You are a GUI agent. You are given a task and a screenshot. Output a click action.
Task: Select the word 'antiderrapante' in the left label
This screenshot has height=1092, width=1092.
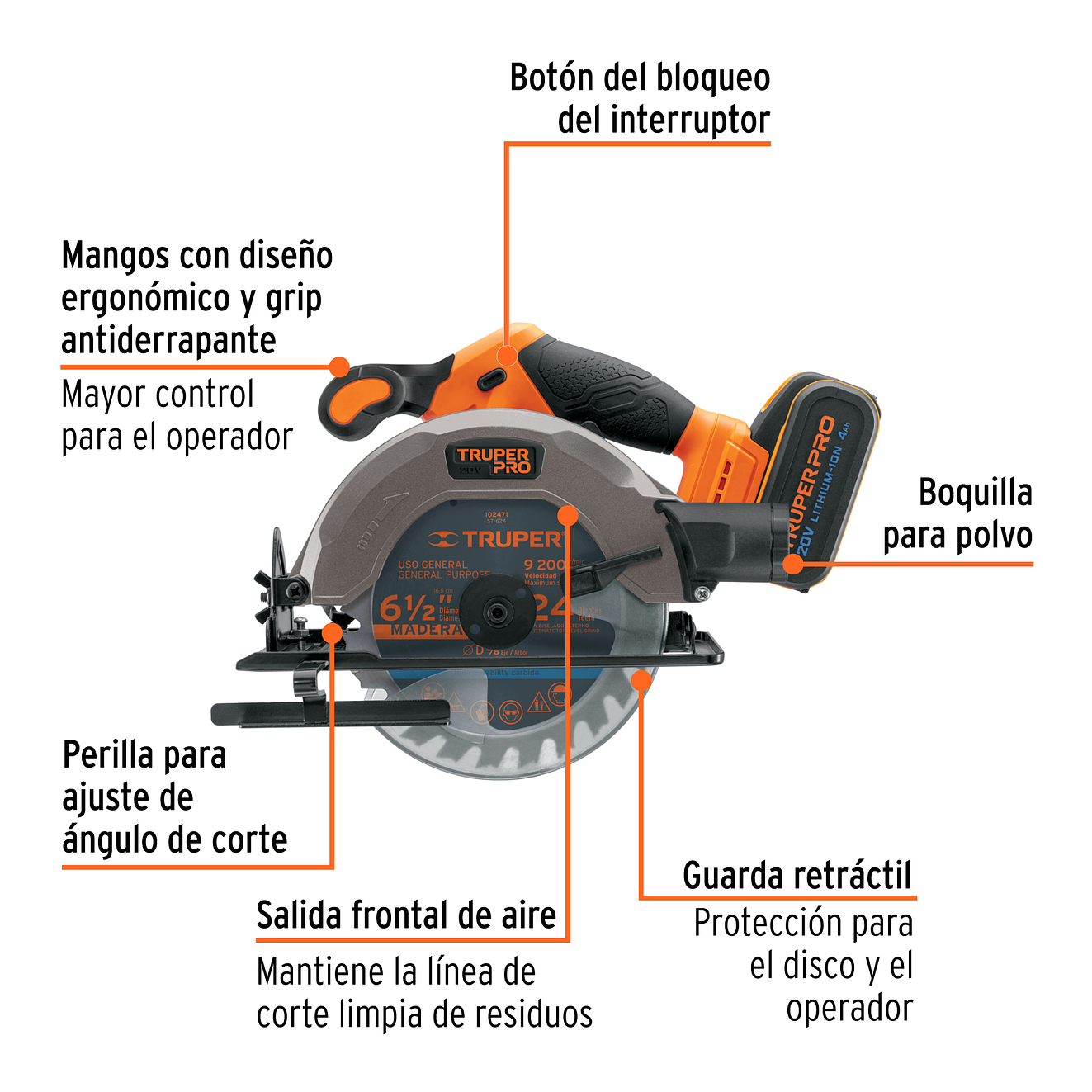click(168, 340)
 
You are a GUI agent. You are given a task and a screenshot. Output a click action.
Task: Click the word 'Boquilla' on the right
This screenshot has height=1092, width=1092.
click(975, 493)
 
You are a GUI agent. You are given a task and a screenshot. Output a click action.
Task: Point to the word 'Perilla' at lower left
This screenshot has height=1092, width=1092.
click(108, 755)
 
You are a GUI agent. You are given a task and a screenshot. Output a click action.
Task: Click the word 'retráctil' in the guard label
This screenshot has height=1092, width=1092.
click(853, 876)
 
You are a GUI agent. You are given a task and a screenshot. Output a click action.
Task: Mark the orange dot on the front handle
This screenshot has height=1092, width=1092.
click(339, 366)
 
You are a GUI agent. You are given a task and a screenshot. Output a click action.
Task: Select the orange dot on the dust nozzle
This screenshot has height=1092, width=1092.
click(792, 564)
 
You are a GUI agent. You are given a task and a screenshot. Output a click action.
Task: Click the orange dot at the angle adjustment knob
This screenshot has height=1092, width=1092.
click(332, 633)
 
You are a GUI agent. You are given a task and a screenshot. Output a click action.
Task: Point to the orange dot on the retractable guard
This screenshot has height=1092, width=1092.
click(641, 679)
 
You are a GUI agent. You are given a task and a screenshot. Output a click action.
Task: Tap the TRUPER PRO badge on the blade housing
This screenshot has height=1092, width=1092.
click(493, 461)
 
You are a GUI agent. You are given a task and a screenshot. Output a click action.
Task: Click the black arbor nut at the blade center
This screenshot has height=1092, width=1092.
click(495, 612)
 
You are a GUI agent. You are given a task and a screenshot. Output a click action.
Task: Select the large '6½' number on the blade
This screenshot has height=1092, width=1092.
click(407, 609)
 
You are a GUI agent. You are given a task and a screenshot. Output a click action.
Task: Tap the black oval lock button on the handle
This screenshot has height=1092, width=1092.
click(492, 378)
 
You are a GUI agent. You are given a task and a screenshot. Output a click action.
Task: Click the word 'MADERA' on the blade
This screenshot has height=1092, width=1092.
click(425, 630)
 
